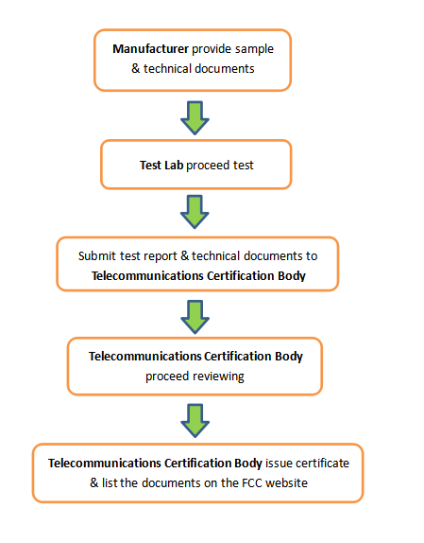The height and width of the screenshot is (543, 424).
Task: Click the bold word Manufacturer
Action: pos(150,49)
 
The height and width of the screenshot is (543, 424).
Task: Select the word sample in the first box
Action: pos(254,49)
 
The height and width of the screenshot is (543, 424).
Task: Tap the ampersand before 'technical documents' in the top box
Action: pos(135,68)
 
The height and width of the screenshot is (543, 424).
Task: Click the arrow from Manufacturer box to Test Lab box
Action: pos(195,117)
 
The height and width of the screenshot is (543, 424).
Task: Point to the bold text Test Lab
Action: pos(161,166)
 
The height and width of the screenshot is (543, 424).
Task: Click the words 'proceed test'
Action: pos(220,166)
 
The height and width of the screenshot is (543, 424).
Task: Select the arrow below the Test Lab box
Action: pos(195,212)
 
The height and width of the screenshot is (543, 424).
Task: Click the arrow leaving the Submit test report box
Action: pos(195,317)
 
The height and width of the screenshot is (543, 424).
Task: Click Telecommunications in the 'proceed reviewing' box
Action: pos(144,357)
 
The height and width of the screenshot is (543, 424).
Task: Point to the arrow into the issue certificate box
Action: pos(195,420)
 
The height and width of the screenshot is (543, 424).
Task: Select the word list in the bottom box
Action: pos(110,483)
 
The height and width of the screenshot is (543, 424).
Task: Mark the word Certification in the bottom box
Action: pos(197,464)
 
